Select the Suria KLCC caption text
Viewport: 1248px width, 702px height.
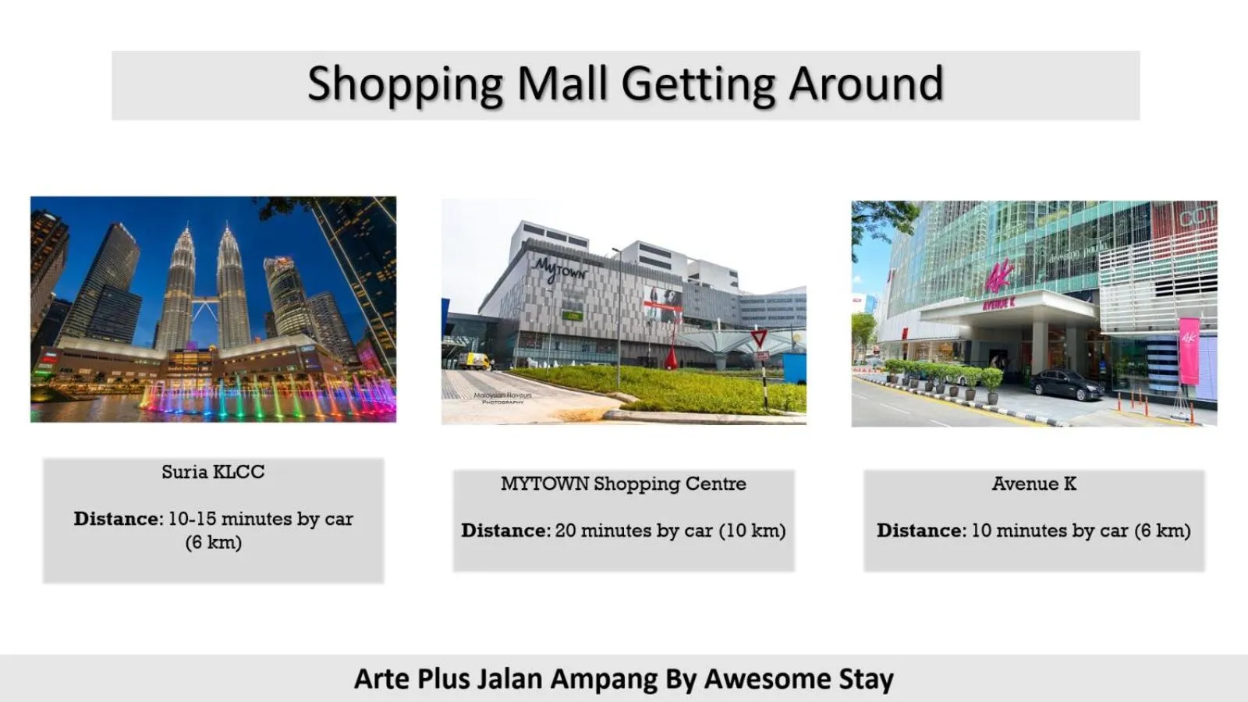(x=213, y=472)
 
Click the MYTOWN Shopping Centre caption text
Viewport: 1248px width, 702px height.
(x=623, y=484)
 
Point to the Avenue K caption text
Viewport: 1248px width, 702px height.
(x=1033, y=484)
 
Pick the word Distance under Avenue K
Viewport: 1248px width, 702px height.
(x=920, y=530)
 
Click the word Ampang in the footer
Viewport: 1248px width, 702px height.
(x=604, y=679)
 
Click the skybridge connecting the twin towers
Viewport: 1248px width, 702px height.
(x=204, y=300)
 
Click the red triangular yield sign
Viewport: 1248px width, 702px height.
(x=759, y=338)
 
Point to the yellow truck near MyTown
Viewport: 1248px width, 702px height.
(x=474, y=360)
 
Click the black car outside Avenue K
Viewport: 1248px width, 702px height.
(x=1065, y=384)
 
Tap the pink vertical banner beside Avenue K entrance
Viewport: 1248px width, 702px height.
(x=1189, y=350)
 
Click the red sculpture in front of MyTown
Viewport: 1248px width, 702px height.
(x=671, y=356)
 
